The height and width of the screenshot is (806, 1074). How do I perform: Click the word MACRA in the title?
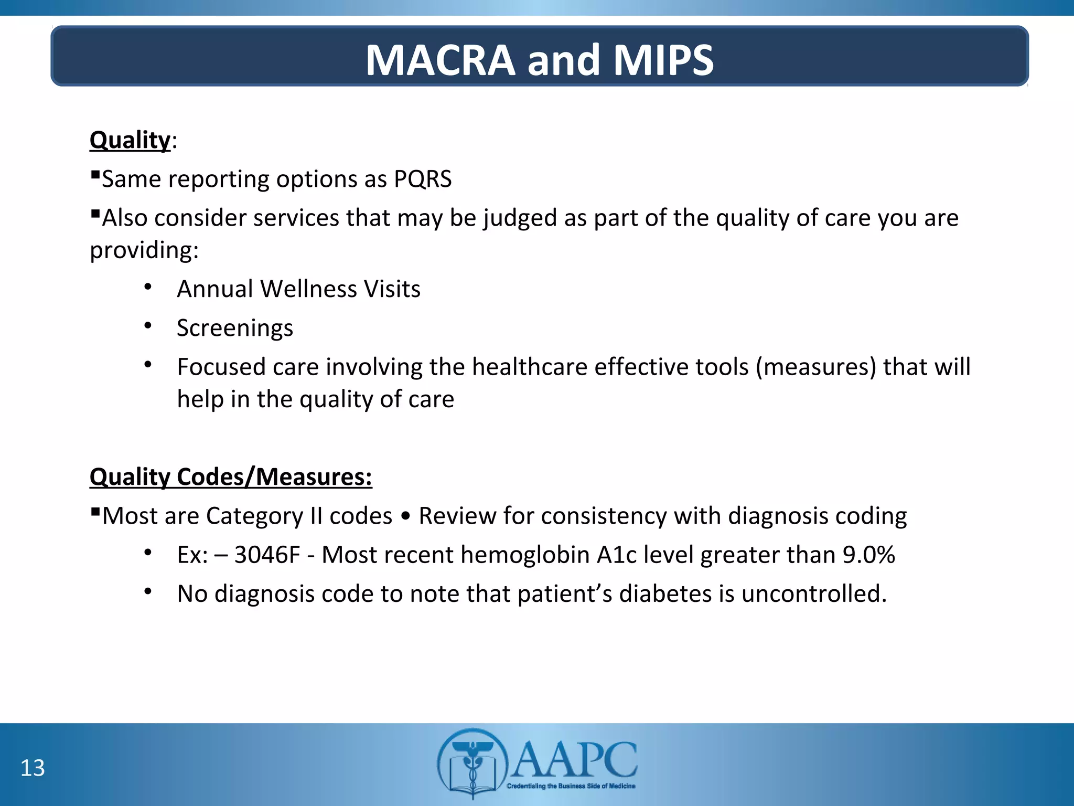[441, 60]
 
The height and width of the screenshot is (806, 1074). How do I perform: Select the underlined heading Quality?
[130, 141]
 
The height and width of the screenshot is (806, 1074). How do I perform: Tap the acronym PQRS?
[423, 179]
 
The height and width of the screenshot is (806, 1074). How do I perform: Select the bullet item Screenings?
[235, 328]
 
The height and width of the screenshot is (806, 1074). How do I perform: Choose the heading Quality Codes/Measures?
[231, 477]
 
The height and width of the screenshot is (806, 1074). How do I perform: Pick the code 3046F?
[267, 555]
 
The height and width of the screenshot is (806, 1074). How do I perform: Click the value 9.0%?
[868, 555]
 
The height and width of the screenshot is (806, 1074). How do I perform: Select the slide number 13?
[33, 768]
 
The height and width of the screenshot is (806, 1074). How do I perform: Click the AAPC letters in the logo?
[574, 759]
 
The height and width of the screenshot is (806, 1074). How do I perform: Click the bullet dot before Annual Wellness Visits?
[148, 287]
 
